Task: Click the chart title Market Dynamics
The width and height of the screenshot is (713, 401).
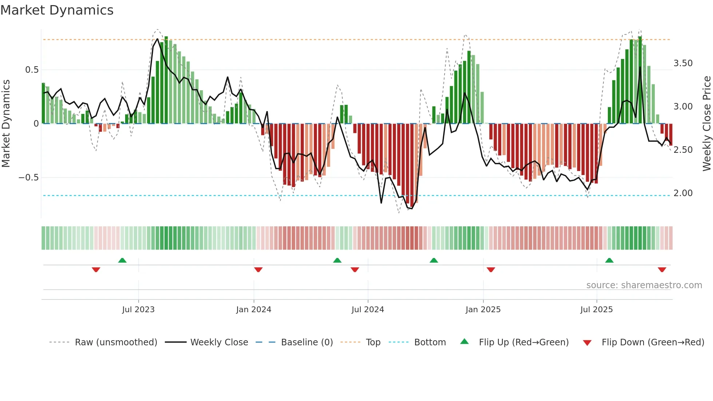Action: coord(57,10)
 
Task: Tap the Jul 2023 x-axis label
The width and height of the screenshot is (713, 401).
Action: coord(138,310)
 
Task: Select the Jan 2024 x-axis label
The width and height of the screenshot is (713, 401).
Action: coord(254,310)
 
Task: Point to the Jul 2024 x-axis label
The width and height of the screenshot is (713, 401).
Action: coord(367,310)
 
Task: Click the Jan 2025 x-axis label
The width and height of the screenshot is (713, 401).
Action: coord(483,310)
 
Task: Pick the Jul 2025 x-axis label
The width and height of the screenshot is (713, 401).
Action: coord(596,310)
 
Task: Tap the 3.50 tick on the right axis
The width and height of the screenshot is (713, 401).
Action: coord(683,63)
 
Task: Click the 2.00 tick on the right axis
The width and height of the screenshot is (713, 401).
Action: coord(683,193)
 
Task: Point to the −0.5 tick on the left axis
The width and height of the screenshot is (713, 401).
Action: coord(28,178)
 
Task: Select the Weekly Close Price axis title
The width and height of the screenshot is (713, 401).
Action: coord(706,123)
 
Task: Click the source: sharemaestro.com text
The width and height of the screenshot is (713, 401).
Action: coord(644,285)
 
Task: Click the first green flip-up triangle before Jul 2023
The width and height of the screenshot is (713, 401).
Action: coord(122,261)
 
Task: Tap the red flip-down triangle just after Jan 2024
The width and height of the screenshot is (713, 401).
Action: coord(258,270)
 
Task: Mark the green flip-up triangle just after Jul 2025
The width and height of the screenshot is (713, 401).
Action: coord(609,261)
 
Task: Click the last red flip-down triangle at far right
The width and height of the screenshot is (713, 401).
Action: coord(662,270)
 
